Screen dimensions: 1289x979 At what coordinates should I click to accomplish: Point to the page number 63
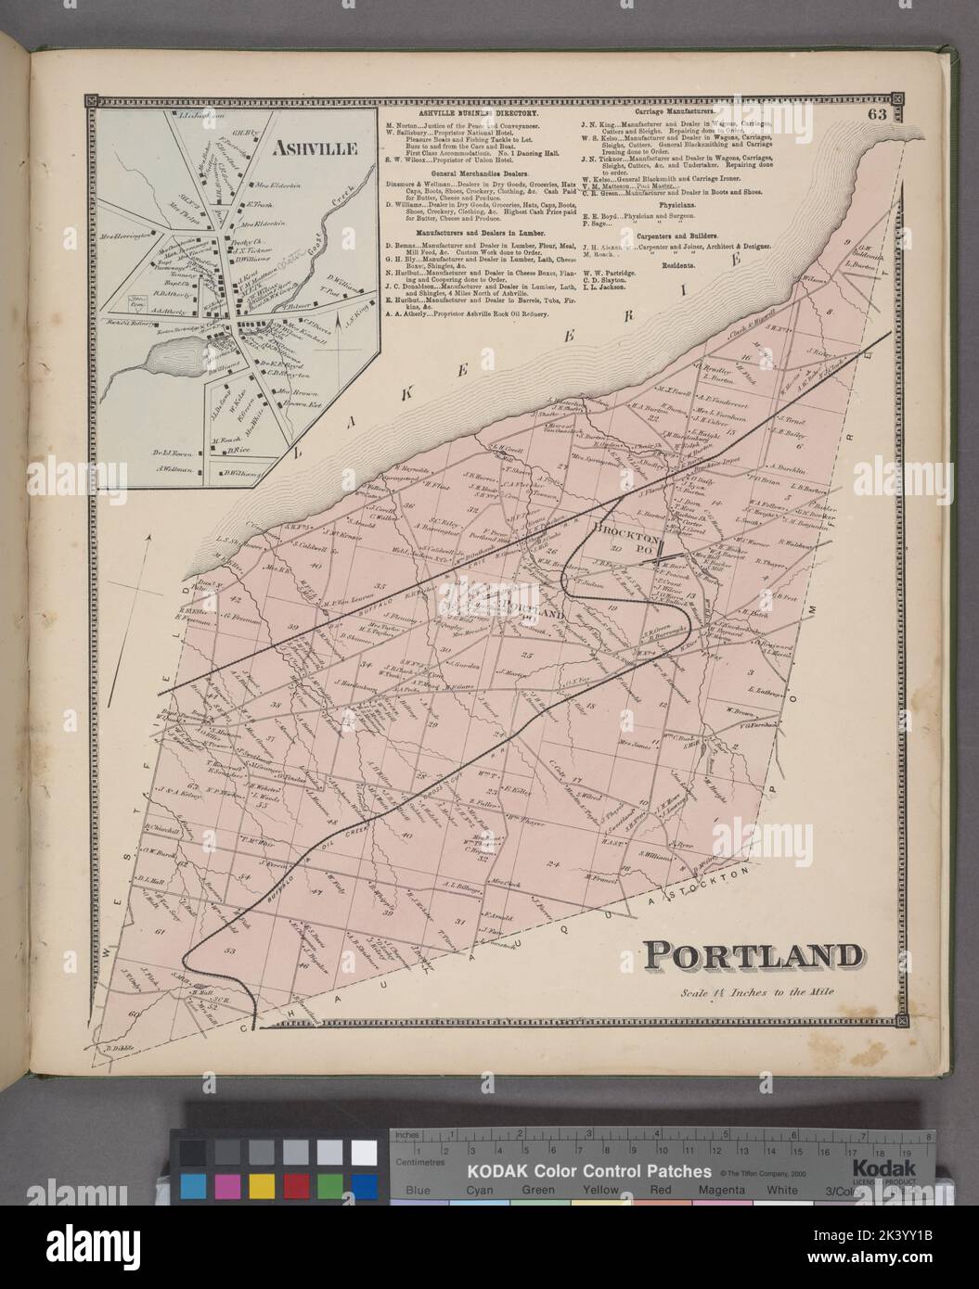pos(877,115)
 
